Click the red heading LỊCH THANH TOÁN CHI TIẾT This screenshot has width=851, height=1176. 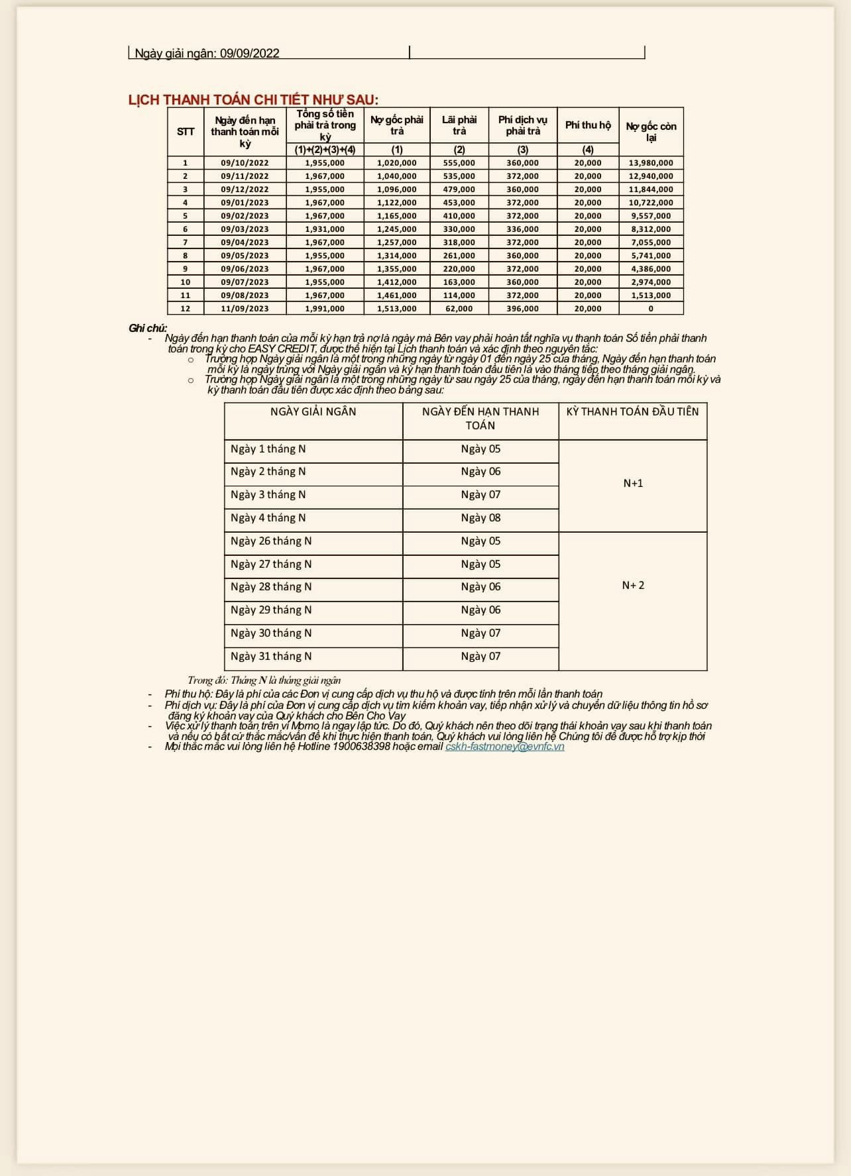253,99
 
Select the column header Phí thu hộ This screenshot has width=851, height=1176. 588,125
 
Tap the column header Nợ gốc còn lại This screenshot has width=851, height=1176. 651,131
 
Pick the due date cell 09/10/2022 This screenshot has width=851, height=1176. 245,163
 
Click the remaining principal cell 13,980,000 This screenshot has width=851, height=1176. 651,163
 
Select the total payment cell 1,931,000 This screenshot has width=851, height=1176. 325,229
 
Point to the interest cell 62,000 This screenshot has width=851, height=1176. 459,309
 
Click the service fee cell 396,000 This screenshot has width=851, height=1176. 523,309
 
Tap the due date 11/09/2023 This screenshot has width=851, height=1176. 245,309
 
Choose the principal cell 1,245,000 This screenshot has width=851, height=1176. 397,229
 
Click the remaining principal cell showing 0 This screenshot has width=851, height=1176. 651,309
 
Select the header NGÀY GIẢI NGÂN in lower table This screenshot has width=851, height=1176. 313,411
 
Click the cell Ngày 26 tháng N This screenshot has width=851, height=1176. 271,541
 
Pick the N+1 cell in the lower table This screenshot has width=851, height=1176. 633,484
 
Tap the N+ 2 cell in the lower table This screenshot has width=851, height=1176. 633,585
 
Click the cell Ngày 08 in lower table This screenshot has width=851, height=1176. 481,517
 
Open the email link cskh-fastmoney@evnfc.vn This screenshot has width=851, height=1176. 505,747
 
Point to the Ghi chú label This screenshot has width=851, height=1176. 148,329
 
